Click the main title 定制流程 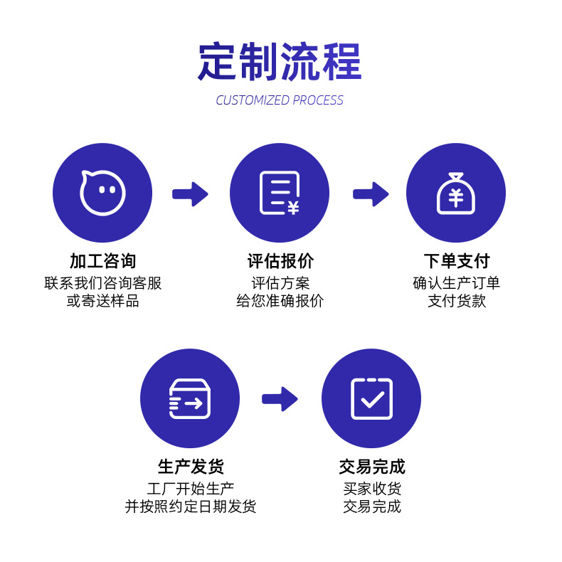pyautogui.click(x=280, y=61)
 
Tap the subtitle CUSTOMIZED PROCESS pyautogui.click(x=280, y=100)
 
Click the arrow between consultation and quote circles pyautogui.click(x=190, y=194)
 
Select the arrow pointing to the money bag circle pyautogui.click(x=371, y=194)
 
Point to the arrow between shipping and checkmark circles pyautogui.click(x=280, y=399)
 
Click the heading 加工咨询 pyautogui.click(x=102, y=261)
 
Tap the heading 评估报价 pyautogui.click(x=280, y=261)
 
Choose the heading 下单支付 pyautogui.click(x=457, y=261)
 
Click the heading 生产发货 pyautogui.click(x=191, y=467)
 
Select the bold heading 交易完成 pyautogui.click(x=372, y=467)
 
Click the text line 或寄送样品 pyautogui.click(x=102, y=301)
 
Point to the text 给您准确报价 pyautogui.click(x=280, y=301)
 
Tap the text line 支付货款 pyautogui.click(x=457, y=301)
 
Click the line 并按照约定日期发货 pyautogui.click(x=191, y=507)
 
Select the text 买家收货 pyautogui.click(x=372, y=489)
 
